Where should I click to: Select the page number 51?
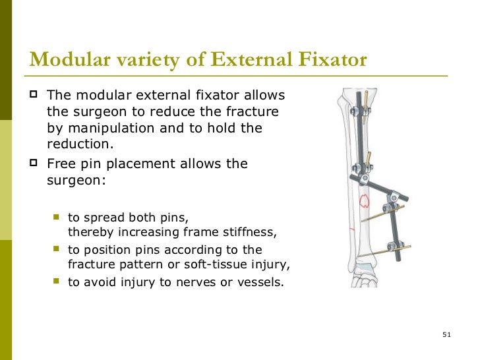tap(446, 336)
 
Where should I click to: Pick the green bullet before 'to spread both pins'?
tap(57, 217)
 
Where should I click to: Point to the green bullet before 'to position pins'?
tap(57, 250)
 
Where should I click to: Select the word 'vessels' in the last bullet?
tap(260, 284)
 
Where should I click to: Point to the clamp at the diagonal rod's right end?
tap(394, 196)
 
